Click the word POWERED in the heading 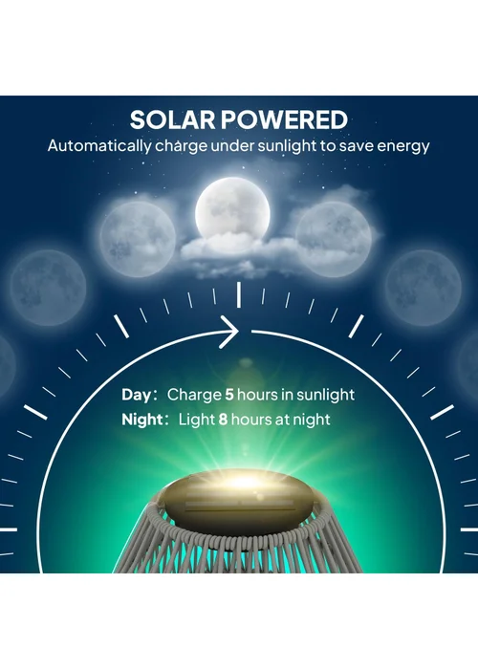click(286, 120)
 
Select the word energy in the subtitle click(404, 147)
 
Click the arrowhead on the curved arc click(232, 333)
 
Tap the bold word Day click(137, 394)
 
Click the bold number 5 click(229, 394)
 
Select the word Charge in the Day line click(194, 394)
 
